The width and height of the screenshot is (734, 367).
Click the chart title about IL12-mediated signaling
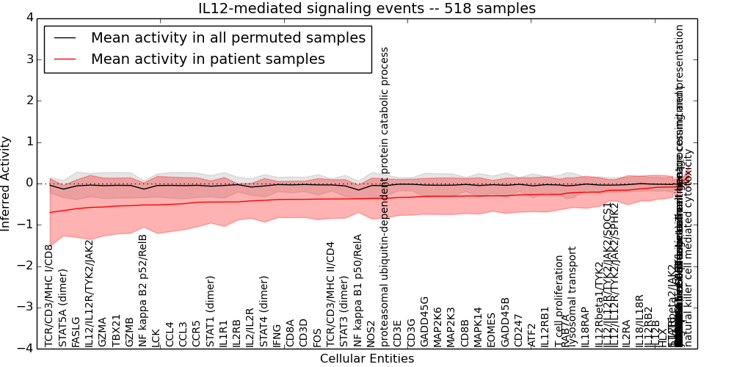pyautogui.click(x=367, y=9)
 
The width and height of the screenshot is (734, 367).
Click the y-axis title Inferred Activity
pyautogui.click(x=6, y=183)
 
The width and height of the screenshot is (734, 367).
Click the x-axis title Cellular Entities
pyautogui.click(x=367, y=359)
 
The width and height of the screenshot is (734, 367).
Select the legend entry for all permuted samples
pyautogui.click(x=228, y=38)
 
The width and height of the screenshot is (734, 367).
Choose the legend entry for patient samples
pyautogui.click(x=208, y=59)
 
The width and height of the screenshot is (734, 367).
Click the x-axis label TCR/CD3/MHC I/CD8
pyautogui.click(x=50, y=295)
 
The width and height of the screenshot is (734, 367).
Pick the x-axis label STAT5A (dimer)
pyautogui.click(x=63, y=307)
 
